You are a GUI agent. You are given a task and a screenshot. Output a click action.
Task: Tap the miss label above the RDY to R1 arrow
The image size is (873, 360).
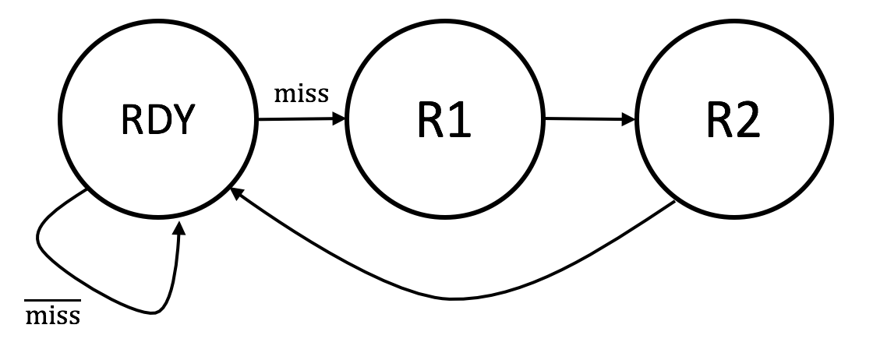coord(302,95)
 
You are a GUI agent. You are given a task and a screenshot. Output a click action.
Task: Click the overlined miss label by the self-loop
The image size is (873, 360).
coord(54,316)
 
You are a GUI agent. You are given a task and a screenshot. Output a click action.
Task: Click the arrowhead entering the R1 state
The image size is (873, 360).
coord(340,120)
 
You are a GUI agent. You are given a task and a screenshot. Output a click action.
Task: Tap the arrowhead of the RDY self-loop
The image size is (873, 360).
coord(181,228)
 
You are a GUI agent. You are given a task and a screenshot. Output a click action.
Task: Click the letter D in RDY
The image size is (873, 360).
coord(157,121)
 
